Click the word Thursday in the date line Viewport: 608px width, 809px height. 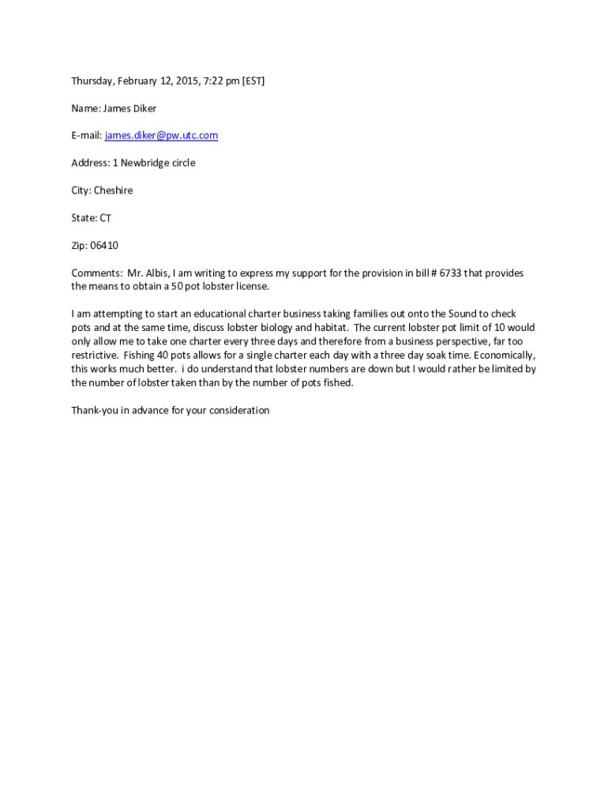[92, 81]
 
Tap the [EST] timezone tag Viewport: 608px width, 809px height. [253, 81]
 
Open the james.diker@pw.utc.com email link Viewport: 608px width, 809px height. [161, 135]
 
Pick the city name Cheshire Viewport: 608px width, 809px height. [113, 190]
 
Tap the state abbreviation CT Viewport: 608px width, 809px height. [105, 218]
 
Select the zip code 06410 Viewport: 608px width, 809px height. [104, 246]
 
